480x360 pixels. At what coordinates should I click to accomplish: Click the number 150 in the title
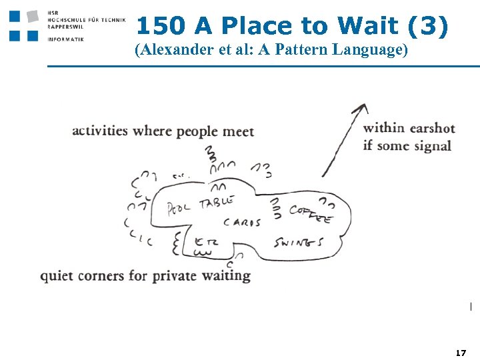point(161,26)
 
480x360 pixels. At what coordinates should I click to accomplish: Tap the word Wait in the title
point(368,26)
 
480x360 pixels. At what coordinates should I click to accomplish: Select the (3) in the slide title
point(427,26)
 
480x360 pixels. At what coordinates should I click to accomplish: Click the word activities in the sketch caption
point(99,131)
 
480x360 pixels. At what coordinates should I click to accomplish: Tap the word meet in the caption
point(238,131)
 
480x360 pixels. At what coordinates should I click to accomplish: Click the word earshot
point(431,128)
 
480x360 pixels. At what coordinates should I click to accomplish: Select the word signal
point(432,145)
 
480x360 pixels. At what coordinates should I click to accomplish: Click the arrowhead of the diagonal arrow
point(362,109)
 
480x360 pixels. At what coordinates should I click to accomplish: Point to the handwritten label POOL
point(178,206)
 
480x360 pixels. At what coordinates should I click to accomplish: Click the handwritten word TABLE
point(217,201)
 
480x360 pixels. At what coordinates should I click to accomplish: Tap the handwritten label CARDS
point(241,223)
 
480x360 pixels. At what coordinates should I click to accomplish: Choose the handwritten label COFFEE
point(310,213)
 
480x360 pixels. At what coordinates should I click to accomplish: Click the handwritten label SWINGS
point(299,242)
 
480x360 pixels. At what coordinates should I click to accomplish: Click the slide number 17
point(460,351)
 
